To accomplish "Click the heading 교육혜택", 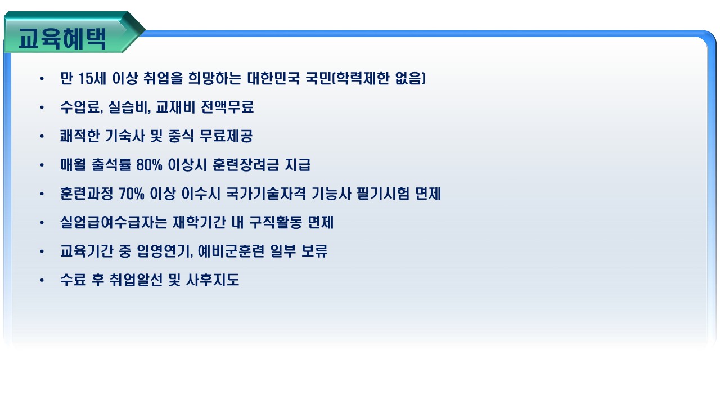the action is click(62, 39).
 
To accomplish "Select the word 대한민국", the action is click(273, 78).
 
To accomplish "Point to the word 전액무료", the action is click(227, 107).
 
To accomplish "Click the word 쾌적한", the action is click(80, 136).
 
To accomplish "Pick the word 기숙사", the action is click(125, 136).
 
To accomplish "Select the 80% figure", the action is click(149, 165).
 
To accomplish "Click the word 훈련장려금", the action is click(246, 165).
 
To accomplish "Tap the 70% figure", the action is click(131, 194).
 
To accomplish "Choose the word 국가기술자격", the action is click(266, 194).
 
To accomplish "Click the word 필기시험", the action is click(383, 194).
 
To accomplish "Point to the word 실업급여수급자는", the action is click(114, 222).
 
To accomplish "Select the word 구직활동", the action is click(276, 222).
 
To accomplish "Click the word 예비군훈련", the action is click(231, 251).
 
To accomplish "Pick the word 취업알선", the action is click(136, 280).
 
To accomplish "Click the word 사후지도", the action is click(213, 280).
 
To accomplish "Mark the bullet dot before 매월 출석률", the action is click(42, 165).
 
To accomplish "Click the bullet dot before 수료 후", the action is click(42, 280).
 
